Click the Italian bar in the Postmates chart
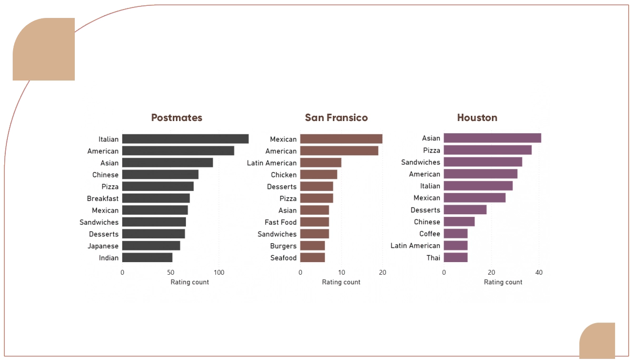tap(185, 139)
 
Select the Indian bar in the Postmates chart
tap(147, 258)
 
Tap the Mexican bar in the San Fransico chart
tap(341, 139)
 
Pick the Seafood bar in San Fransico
tap(312, 258)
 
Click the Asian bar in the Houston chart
tap(492, 138)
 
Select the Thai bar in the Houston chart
tap(455, 257)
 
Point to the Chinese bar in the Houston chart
tap(459, 222)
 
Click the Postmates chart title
tap(176, 117)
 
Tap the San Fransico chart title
tap(336, 117)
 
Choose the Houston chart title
tap(477, 117)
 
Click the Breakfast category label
tap(103, 198)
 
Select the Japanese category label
tap(103, 246)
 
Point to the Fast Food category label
tap(281, 222)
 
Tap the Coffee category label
tap(430, 234)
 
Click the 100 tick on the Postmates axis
tap(219, 273)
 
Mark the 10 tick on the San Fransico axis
tap(341, 273)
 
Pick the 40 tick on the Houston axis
tap(539, 273)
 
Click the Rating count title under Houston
tap(503, 282)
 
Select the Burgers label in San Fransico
tap(283, 246)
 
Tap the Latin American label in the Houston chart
tap(415, 246)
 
